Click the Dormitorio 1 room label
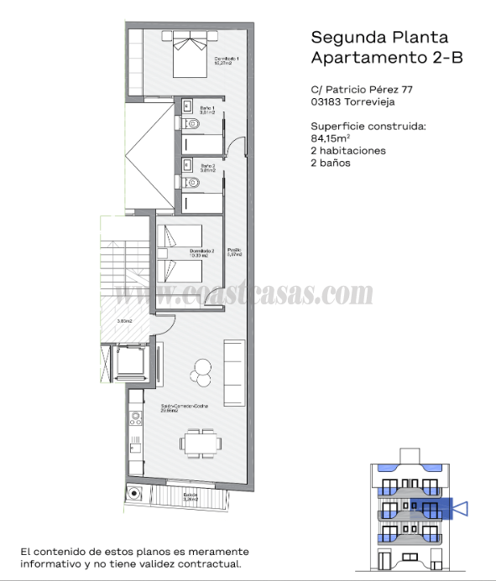pos(227,60)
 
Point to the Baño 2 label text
pos(208,168)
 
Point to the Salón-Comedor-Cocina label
pos(185,408)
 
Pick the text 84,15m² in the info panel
pos(330,138)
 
